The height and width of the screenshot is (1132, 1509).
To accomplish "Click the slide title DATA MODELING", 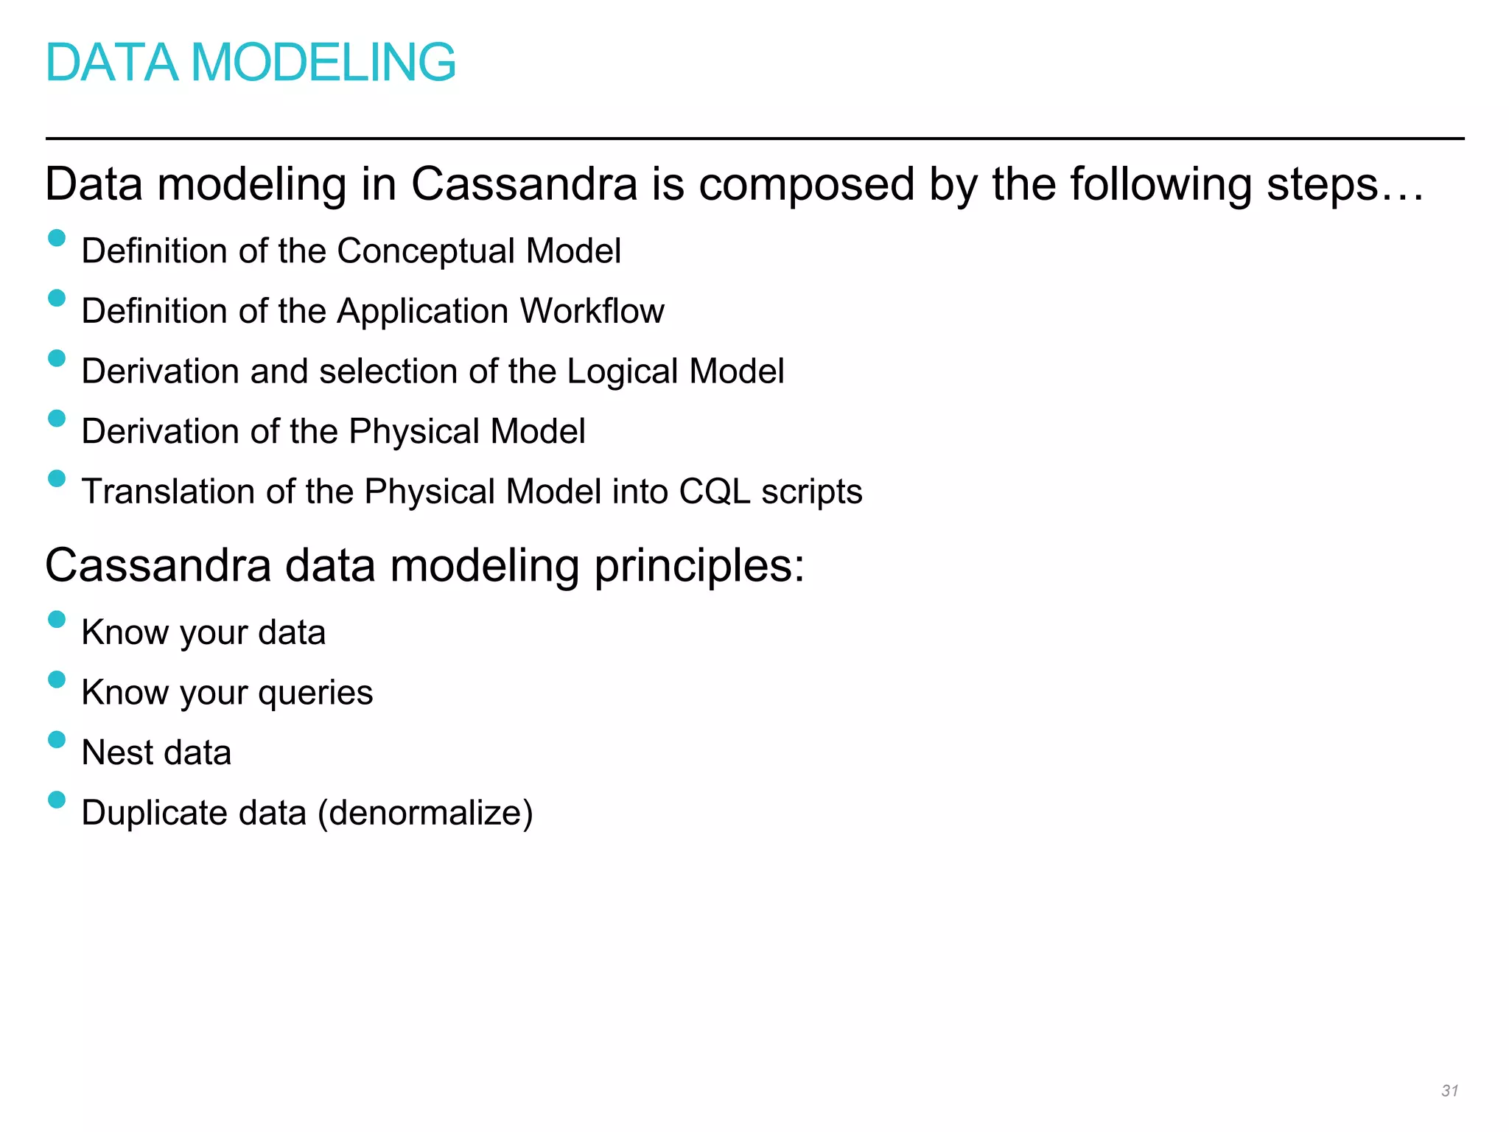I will point(251,63).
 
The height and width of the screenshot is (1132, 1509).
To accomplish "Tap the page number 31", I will point(1449,1091).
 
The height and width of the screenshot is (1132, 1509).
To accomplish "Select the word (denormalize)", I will point(425,814).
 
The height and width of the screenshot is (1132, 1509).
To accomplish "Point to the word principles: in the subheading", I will point(699,567).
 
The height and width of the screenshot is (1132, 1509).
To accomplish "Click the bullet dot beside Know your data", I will point(57,619).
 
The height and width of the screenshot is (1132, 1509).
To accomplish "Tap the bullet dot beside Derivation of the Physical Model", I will point(57,419).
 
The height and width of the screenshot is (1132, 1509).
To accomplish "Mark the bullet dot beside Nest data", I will point(57,739).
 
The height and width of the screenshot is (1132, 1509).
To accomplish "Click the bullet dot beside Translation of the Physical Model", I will point(57,479).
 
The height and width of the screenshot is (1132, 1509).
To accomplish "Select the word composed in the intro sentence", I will point(806,185).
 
